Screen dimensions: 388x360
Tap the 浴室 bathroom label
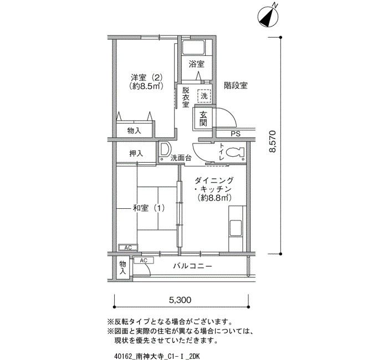pos(196,64)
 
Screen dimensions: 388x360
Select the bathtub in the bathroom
pos(193,48)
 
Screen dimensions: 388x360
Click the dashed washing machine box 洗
pos(204,96)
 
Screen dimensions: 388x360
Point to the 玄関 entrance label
pos(203,119)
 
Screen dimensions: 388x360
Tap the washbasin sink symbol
pos(164,150)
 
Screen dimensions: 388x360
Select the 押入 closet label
pos(136,153)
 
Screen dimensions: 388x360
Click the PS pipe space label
pos(236,134)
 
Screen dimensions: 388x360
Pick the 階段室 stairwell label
pos(236,85)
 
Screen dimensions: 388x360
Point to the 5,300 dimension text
pos(180,300)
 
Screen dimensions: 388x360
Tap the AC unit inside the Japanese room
pos(128,248)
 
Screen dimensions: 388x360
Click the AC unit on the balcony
pos(144,260)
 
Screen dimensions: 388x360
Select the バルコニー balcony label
pos(192,266)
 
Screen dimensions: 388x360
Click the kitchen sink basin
pos(236,228)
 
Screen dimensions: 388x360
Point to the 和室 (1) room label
pos(149,208)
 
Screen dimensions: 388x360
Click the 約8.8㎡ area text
pos(214,198)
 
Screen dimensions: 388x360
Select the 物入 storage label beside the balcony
pos(123,268)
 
